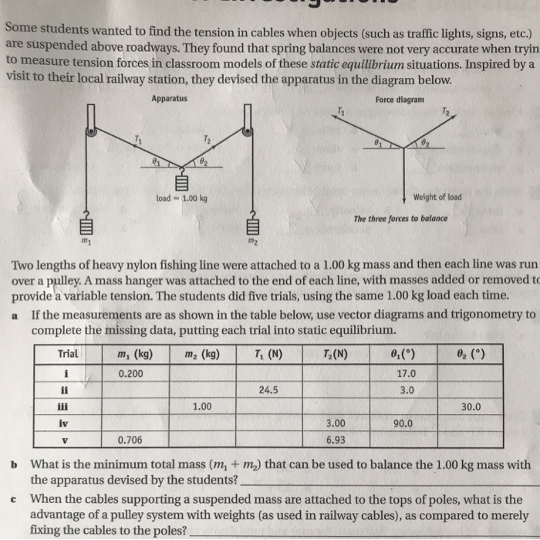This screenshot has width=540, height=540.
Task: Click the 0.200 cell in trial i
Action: [x=131, y=373]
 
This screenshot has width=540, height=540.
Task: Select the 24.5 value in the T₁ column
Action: [x=268, y=390]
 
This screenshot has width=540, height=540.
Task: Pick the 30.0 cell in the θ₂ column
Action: [x=471, y=406]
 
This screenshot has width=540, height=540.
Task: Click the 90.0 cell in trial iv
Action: [x=403, y=423]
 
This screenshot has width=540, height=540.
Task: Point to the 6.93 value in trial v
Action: [x=335, y=440]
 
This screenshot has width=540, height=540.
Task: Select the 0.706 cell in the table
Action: [x=131, y=440]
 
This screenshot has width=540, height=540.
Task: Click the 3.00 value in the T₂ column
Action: [x=335, y=423]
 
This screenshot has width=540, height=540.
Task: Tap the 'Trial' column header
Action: [x=69, y=355]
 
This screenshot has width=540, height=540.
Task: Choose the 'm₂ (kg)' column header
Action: [x=203, y=355]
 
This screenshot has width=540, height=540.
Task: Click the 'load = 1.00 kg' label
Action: [x=182, y=198]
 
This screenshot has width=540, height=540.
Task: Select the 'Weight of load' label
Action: [x=437, y=196]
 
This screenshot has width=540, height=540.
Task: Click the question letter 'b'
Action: [x=14, y=465]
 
